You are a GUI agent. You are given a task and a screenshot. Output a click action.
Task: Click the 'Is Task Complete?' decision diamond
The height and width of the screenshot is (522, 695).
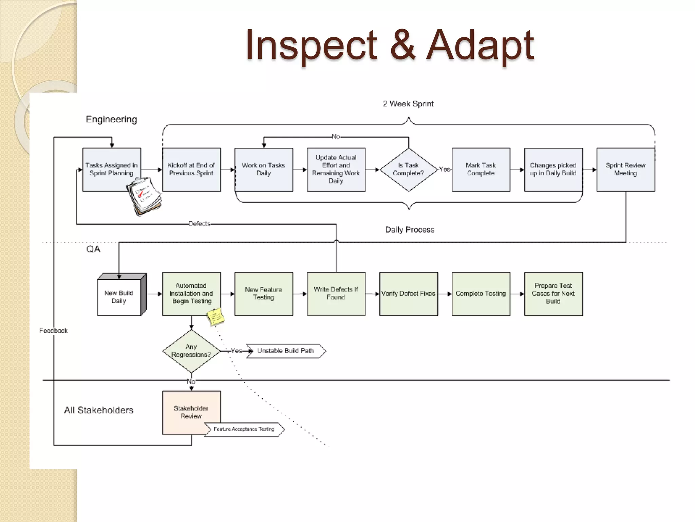pyautogui.click(x=409, y=170)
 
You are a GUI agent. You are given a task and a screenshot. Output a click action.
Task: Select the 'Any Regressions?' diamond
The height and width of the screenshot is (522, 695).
pyautogui.click(x=191, y=351)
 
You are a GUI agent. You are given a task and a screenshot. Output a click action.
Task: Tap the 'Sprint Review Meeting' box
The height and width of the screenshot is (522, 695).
pyautogui.click(x=625, y=170)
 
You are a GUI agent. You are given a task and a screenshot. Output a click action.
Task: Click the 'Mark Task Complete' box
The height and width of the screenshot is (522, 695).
pyautogui.click(x=481, y=170)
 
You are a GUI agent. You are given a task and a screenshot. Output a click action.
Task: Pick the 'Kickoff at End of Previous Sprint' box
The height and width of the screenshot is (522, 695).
pyautogui.click(x=191, y=170)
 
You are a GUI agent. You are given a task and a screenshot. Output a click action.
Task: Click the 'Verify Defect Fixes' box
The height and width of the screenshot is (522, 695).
pyautogui.click(x=408, y=294)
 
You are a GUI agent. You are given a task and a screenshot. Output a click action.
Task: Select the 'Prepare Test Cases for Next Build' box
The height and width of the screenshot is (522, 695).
pyautogui.click(x=553, y=294)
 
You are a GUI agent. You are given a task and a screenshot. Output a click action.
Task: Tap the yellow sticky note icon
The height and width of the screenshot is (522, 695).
pyautogui.click(x=216, y=317)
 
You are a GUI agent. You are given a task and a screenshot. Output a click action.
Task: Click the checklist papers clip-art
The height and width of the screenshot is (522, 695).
pyautogui.click(x=144, y=196)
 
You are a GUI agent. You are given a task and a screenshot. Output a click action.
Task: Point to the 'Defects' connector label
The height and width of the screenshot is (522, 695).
pyautogui.click(x=199, y=224)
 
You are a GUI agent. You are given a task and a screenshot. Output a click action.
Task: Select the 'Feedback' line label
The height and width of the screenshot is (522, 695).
pyautogui.click(x=53, y=331)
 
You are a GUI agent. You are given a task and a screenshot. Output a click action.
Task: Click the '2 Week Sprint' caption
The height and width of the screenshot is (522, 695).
pyautogui.click(x=408, y=104)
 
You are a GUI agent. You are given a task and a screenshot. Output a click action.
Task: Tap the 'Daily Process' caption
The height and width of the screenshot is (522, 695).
pyautogui.click(x=410, y=230)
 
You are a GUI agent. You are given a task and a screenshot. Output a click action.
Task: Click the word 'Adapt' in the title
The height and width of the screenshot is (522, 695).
pyautogui.click(x=480, y=46)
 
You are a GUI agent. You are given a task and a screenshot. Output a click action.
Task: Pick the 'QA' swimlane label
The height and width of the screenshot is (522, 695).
pyautogui.click(x=93, y=249)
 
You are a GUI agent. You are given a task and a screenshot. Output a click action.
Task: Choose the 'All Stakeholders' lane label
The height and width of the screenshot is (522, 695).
pyautogui.click(x=99, y=410)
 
